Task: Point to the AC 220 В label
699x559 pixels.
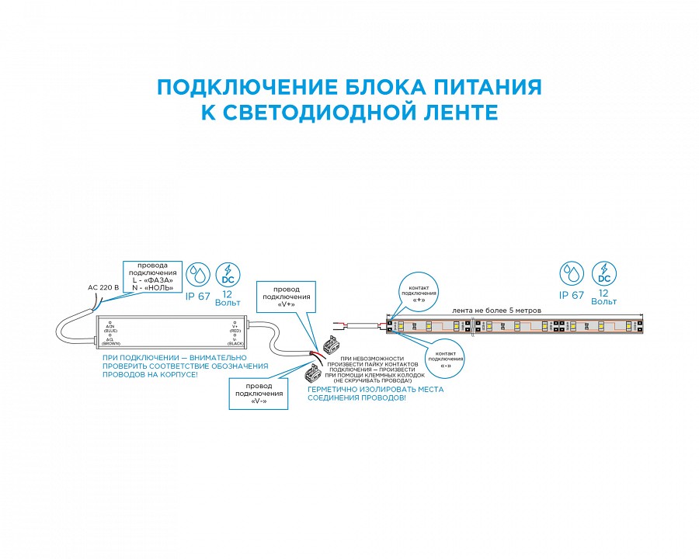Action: pyautogui.click(x=103, y=287)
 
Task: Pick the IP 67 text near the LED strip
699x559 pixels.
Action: pyautogui.click(x=571, y=295)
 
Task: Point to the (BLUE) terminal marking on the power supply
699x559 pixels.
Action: pyautogui.click(x=110, y=329)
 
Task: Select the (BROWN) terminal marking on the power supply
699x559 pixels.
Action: pyautogui.click(x=110, y=342)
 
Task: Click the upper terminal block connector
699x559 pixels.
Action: pyautogui.click(x=325, y=344)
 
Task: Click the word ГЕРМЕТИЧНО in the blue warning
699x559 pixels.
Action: pyautogui.click(x=336, y=389)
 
